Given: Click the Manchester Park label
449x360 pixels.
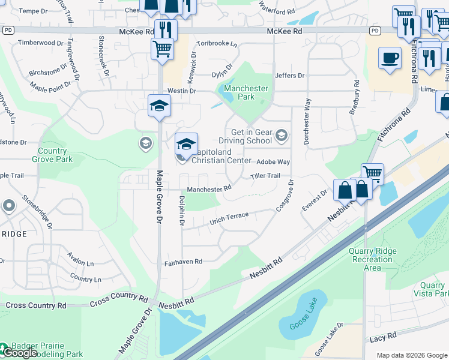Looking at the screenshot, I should (x=246, y=92).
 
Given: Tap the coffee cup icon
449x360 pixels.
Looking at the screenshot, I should (x=390, y=58).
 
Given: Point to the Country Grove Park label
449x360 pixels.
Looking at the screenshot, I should (x=55, y=155).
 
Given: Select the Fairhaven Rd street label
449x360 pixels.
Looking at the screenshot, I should (x=183, y=262).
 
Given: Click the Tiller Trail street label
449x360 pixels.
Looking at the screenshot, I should (x=265, y=176).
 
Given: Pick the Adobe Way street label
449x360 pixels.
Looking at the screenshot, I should (x=273, y=162).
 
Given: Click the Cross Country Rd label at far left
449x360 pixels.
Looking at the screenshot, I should (x=36, y=305).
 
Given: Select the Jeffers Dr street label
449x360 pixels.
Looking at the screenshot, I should (x=290, y=76).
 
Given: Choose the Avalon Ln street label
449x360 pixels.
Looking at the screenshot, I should (x=81, y=263).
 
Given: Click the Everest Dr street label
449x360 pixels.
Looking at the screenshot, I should (x=315, y=200).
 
